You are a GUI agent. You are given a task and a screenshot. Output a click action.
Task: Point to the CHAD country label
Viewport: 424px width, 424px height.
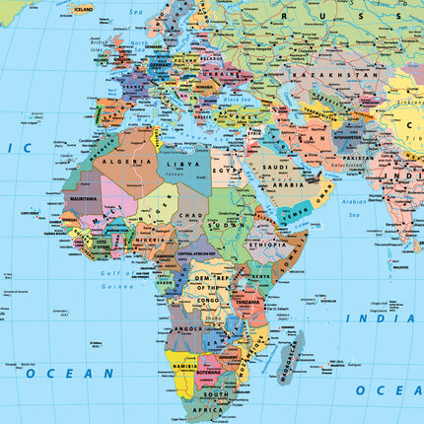(191, 215)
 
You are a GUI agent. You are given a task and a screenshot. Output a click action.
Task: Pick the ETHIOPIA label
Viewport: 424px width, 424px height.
(267, 244)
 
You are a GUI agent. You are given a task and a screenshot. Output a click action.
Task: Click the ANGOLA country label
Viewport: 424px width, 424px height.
(186, 328)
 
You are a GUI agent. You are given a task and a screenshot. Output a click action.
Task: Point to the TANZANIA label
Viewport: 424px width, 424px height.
(249, 303)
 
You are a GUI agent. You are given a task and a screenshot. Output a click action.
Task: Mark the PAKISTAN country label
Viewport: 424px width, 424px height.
(360, 158)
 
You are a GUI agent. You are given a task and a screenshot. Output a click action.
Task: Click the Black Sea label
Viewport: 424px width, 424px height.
(238, 99)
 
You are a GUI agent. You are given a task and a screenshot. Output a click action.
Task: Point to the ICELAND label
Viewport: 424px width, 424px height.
(83, 9)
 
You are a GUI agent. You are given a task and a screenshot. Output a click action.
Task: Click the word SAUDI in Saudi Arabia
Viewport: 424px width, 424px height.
(273, 166)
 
